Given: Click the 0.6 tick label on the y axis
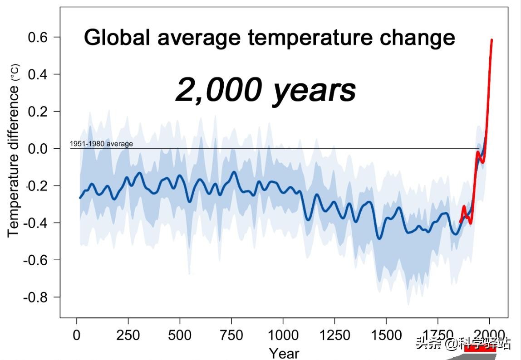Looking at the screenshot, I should coord(38,37).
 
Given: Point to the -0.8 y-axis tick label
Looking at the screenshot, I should coord(35,297).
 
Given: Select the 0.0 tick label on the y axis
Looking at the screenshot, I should coord(38,149).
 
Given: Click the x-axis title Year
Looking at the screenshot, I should coord(284,353).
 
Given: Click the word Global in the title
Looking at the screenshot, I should coord(117,38).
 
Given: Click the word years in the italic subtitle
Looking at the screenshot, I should coord(314,90).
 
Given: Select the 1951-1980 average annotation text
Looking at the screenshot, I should coord(101,144).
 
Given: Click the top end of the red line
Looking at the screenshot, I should coord(492,40).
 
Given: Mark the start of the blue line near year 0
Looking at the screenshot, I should coord(80,198).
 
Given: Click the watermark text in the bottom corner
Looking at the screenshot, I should coord(463,343).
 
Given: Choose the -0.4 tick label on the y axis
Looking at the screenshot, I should coord(35,223).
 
